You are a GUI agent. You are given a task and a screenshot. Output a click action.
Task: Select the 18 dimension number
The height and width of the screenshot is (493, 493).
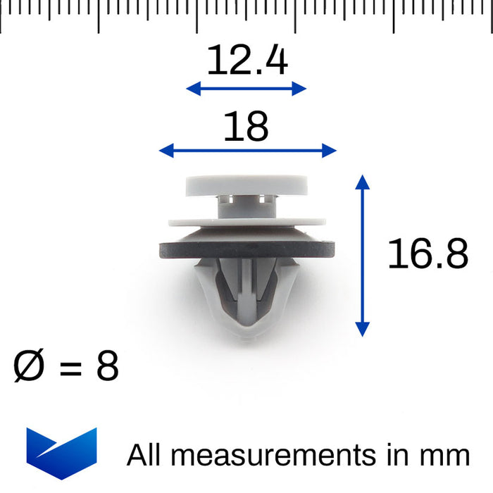click(x=246, y=127)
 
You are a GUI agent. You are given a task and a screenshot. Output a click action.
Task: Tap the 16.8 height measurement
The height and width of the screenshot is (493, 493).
click(x=428, y=254)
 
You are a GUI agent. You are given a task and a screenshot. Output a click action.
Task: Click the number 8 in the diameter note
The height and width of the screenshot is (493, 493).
click(x=107, y=367)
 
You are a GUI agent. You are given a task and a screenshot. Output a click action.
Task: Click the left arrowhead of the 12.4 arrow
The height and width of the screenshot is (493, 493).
click(x=191, y=88)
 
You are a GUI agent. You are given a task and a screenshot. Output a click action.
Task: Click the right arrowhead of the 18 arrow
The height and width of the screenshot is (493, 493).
click(x=331, y=150)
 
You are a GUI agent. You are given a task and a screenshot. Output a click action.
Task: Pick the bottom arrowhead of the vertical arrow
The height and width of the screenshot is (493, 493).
click(x=362, y=330)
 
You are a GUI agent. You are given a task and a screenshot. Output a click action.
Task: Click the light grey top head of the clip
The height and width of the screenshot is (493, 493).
click(x=247, y=185)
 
